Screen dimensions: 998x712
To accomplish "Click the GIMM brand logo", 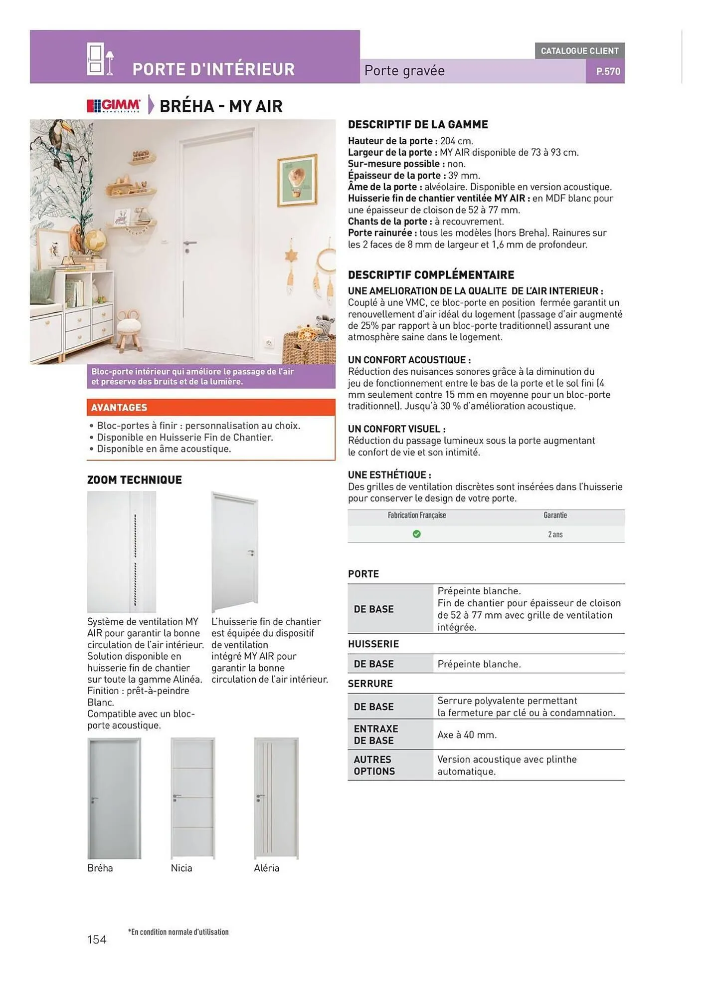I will tap(114, 106).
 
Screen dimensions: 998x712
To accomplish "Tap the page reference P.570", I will tap(608, 71).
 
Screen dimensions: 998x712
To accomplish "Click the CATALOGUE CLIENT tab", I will tap(579, 51).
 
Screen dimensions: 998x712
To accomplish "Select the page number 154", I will tap(97, 940).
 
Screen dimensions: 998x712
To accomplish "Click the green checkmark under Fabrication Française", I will tap(416, 534).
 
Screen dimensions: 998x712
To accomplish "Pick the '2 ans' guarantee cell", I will tap(555, 534).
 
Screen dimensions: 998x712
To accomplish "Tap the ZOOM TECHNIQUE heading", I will tap(135, 480).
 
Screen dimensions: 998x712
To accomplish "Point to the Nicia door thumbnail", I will tap(192, 798).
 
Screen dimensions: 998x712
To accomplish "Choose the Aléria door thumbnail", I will tap(276, 798).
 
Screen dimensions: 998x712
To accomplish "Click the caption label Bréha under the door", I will tap(100, 868).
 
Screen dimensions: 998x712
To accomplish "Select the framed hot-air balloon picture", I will tap(298, 180).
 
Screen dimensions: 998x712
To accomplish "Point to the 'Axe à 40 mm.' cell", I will tap(467, 735).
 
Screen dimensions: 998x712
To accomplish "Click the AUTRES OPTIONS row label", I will tap(374, 765).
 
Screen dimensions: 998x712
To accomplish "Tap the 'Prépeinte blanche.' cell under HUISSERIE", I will tap(479, 664).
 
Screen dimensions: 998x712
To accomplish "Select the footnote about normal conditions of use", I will tap(178, 932).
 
